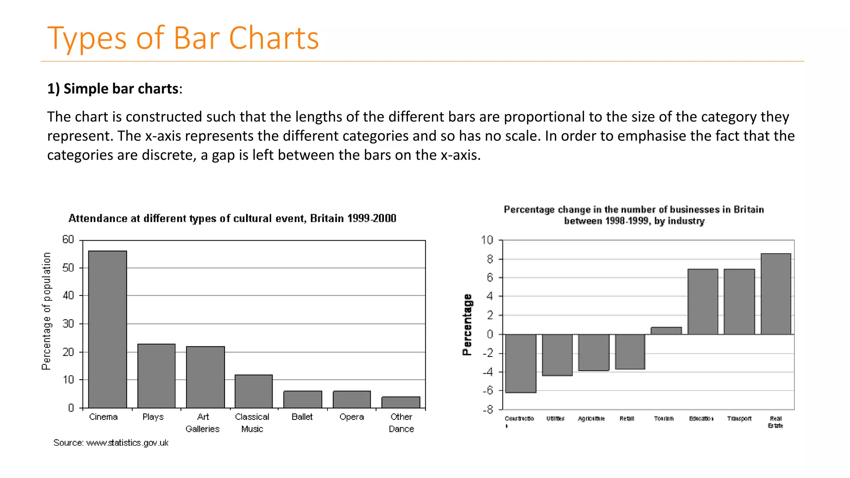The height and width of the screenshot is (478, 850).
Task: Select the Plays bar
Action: coord(156,376)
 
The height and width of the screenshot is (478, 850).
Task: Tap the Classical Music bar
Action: coord(254,391)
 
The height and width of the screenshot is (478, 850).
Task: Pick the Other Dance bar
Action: coord(401,402)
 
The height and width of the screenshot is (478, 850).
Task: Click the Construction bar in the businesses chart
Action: coord(521,363)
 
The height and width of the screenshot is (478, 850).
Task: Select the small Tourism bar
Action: coord(666,331)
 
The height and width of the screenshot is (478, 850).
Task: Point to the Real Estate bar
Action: coord(776,294)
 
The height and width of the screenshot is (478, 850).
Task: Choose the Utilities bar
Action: coord(557,355)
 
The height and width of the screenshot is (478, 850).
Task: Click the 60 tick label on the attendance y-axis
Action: coord(68,240)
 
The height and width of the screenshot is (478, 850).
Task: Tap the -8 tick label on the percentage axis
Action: coord(488,410)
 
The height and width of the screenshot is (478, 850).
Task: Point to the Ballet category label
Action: coord(302,417)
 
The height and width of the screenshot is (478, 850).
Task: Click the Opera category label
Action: coord(352,417)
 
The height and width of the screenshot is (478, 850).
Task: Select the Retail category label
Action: coord(627,418)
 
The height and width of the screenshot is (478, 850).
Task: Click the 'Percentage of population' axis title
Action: coord(46,311)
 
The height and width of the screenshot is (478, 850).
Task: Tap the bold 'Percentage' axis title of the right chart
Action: coord(467,324)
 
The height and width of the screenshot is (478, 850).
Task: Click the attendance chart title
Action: coord(232,218)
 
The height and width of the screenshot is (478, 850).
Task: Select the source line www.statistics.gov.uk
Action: coord(111,443)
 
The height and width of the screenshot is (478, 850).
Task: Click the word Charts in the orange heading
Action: coord(274,38)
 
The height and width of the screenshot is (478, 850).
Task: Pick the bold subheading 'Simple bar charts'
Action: coord(121,89)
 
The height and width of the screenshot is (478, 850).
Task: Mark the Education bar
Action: coord(703,302)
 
